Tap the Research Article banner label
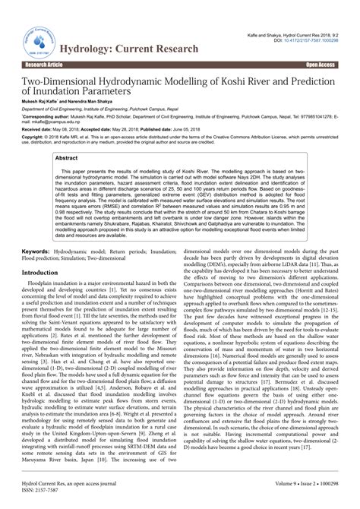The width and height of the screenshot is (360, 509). (30, 65)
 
